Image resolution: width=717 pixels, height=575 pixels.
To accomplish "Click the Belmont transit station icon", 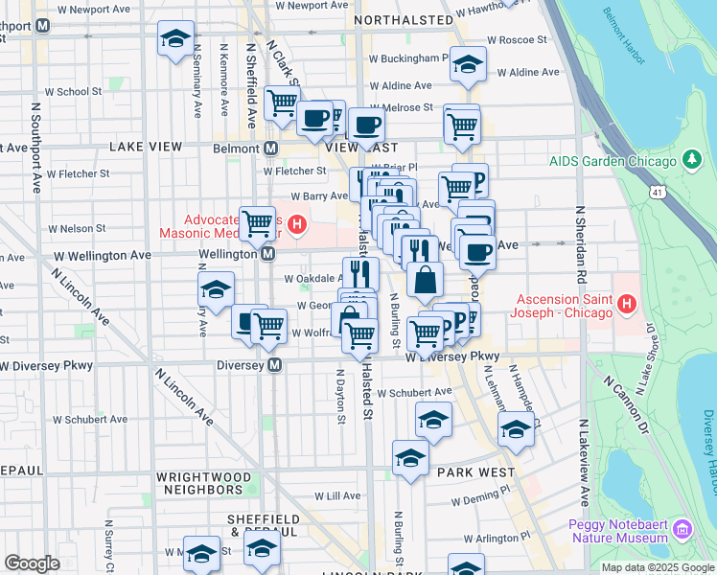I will (271, 149).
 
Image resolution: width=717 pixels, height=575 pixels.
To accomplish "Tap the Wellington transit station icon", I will (270, 254).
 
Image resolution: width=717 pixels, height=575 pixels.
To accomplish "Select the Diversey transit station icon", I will (275, 365).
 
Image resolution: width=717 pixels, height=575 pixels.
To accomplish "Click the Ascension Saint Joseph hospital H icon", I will (628, 306).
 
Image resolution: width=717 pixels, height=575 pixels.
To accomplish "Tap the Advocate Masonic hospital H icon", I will (297, 226).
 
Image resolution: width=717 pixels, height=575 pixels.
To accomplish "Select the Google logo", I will (32, 563).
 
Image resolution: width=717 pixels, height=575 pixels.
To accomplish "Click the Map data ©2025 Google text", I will (657, 567).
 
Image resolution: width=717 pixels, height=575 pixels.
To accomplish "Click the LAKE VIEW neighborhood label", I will (146, 147).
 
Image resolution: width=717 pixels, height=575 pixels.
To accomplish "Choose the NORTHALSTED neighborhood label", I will (403, 19).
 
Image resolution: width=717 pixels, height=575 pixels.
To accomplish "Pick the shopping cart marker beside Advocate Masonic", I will (257, 225).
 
